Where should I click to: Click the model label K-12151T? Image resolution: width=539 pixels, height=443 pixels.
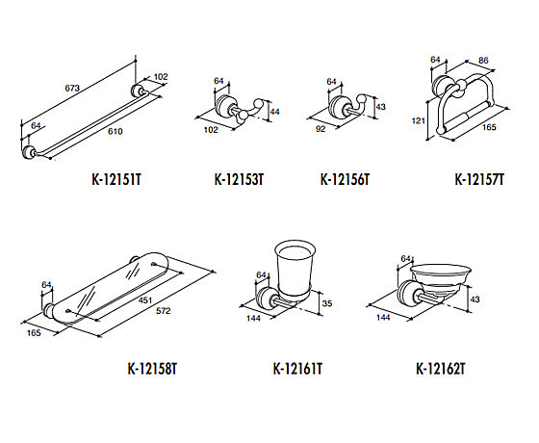[116, 179]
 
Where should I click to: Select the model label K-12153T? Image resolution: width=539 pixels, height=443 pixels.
[239, 179]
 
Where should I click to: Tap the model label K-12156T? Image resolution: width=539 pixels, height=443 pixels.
[345, 179]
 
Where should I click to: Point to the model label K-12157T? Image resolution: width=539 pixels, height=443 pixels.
[479, 179]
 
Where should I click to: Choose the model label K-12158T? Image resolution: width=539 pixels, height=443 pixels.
[152, 369]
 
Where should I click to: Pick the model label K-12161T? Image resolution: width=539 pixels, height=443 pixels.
[297, 369]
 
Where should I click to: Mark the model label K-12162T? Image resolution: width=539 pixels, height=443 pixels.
[441, 369]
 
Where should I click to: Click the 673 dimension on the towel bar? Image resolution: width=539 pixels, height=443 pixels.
[72, 88]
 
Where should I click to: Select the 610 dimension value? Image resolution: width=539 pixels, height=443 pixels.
[115, 131]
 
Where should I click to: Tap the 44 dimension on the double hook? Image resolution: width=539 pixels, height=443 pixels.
[275, 112]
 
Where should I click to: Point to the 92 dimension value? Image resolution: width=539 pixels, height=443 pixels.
[321, 129]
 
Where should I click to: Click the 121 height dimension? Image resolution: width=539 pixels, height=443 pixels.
[419, 120]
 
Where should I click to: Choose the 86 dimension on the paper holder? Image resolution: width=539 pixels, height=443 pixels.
[483, 60]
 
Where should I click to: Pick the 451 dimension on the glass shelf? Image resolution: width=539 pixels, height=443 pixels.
[145, 300]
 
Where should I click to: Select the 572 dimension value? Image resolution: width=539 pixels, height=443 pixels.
[164, 311]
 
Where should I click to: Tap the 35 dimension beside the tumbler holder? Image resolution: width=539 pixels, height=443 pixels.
[327, 303]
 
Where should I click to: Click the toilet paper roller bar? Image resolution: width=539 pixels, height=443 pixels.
[467, 117]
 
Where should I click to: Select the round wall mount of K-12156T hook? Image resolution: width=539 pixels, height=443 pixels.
[338, 107]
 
